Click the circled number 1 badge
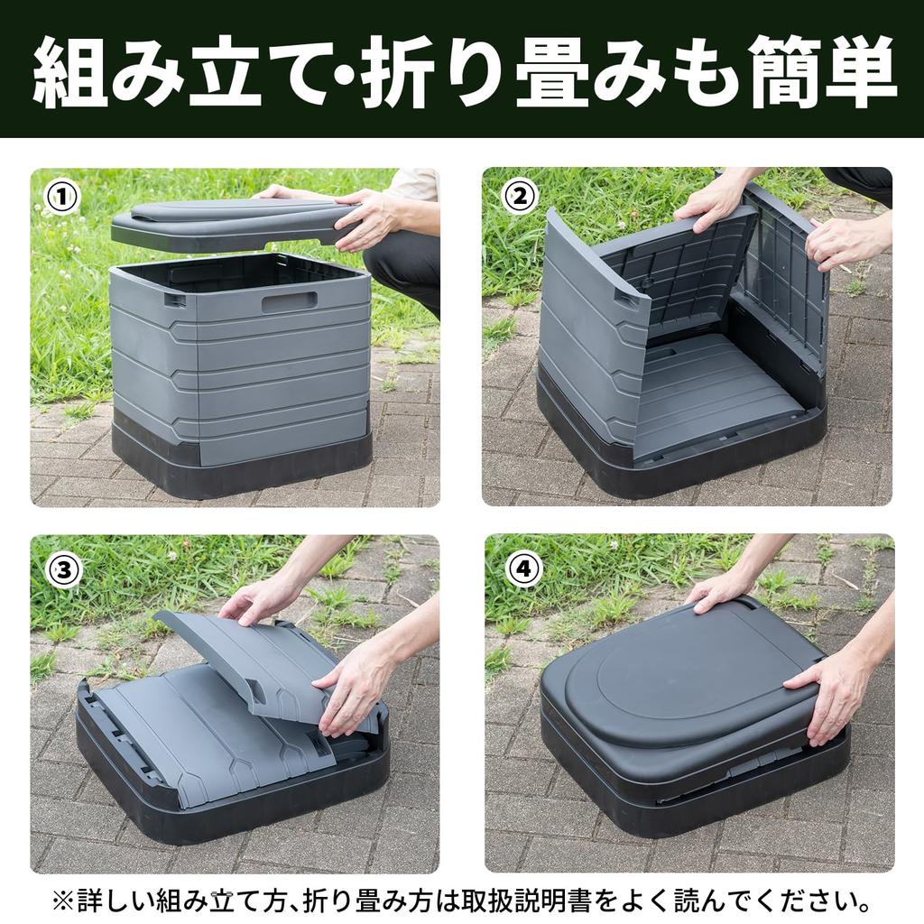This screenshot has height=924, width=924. tap(62, 197)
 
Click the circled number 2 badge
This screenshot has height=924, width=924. tap(520, 196)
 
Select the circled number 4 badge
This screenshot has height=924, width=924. tap(523, 568)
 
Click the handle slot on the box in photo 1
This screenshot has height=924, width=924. tap(289, 301)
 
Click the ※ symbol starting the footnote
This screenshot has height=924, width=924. tap(61, 900)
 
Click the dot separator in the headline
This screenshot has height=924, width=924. tap(346, 72)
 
